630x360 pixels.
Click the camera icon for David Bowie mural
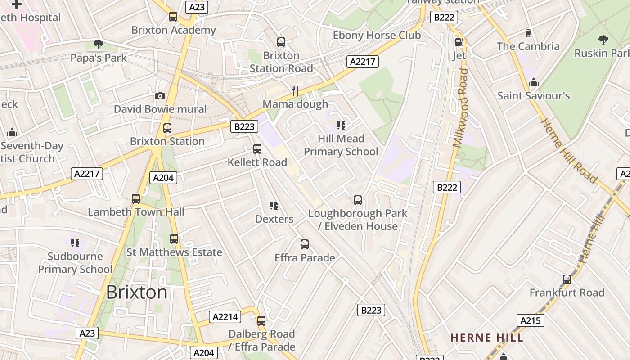160,96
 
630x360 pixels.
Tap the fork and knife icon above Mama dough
295,90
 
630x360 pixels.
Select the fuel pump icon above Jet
459,42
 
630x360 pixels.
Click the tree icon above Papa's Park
99,44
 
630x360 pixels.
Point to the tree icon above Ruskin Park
603,40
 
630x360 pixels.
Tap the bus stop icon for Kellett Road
257,148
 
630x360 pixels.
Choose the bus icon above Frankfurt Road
567,279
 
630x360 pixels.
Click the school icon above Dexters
274,206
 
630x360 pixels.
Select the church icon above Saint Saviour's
534,82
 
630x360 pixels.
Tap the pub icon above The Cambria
528,33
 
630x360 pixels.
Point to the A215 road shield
530,320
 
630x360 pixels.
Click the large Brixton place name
137,292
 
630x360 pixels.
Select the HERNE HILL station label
487,337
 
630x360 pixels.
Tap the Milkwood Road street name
461,108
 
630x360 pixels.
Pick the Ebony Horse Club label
377,35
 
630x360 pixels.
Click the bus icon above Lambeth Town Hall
136,198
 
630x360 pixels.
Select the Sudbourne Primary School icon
75,243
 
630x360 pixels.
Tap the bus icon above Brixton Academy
173,17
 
